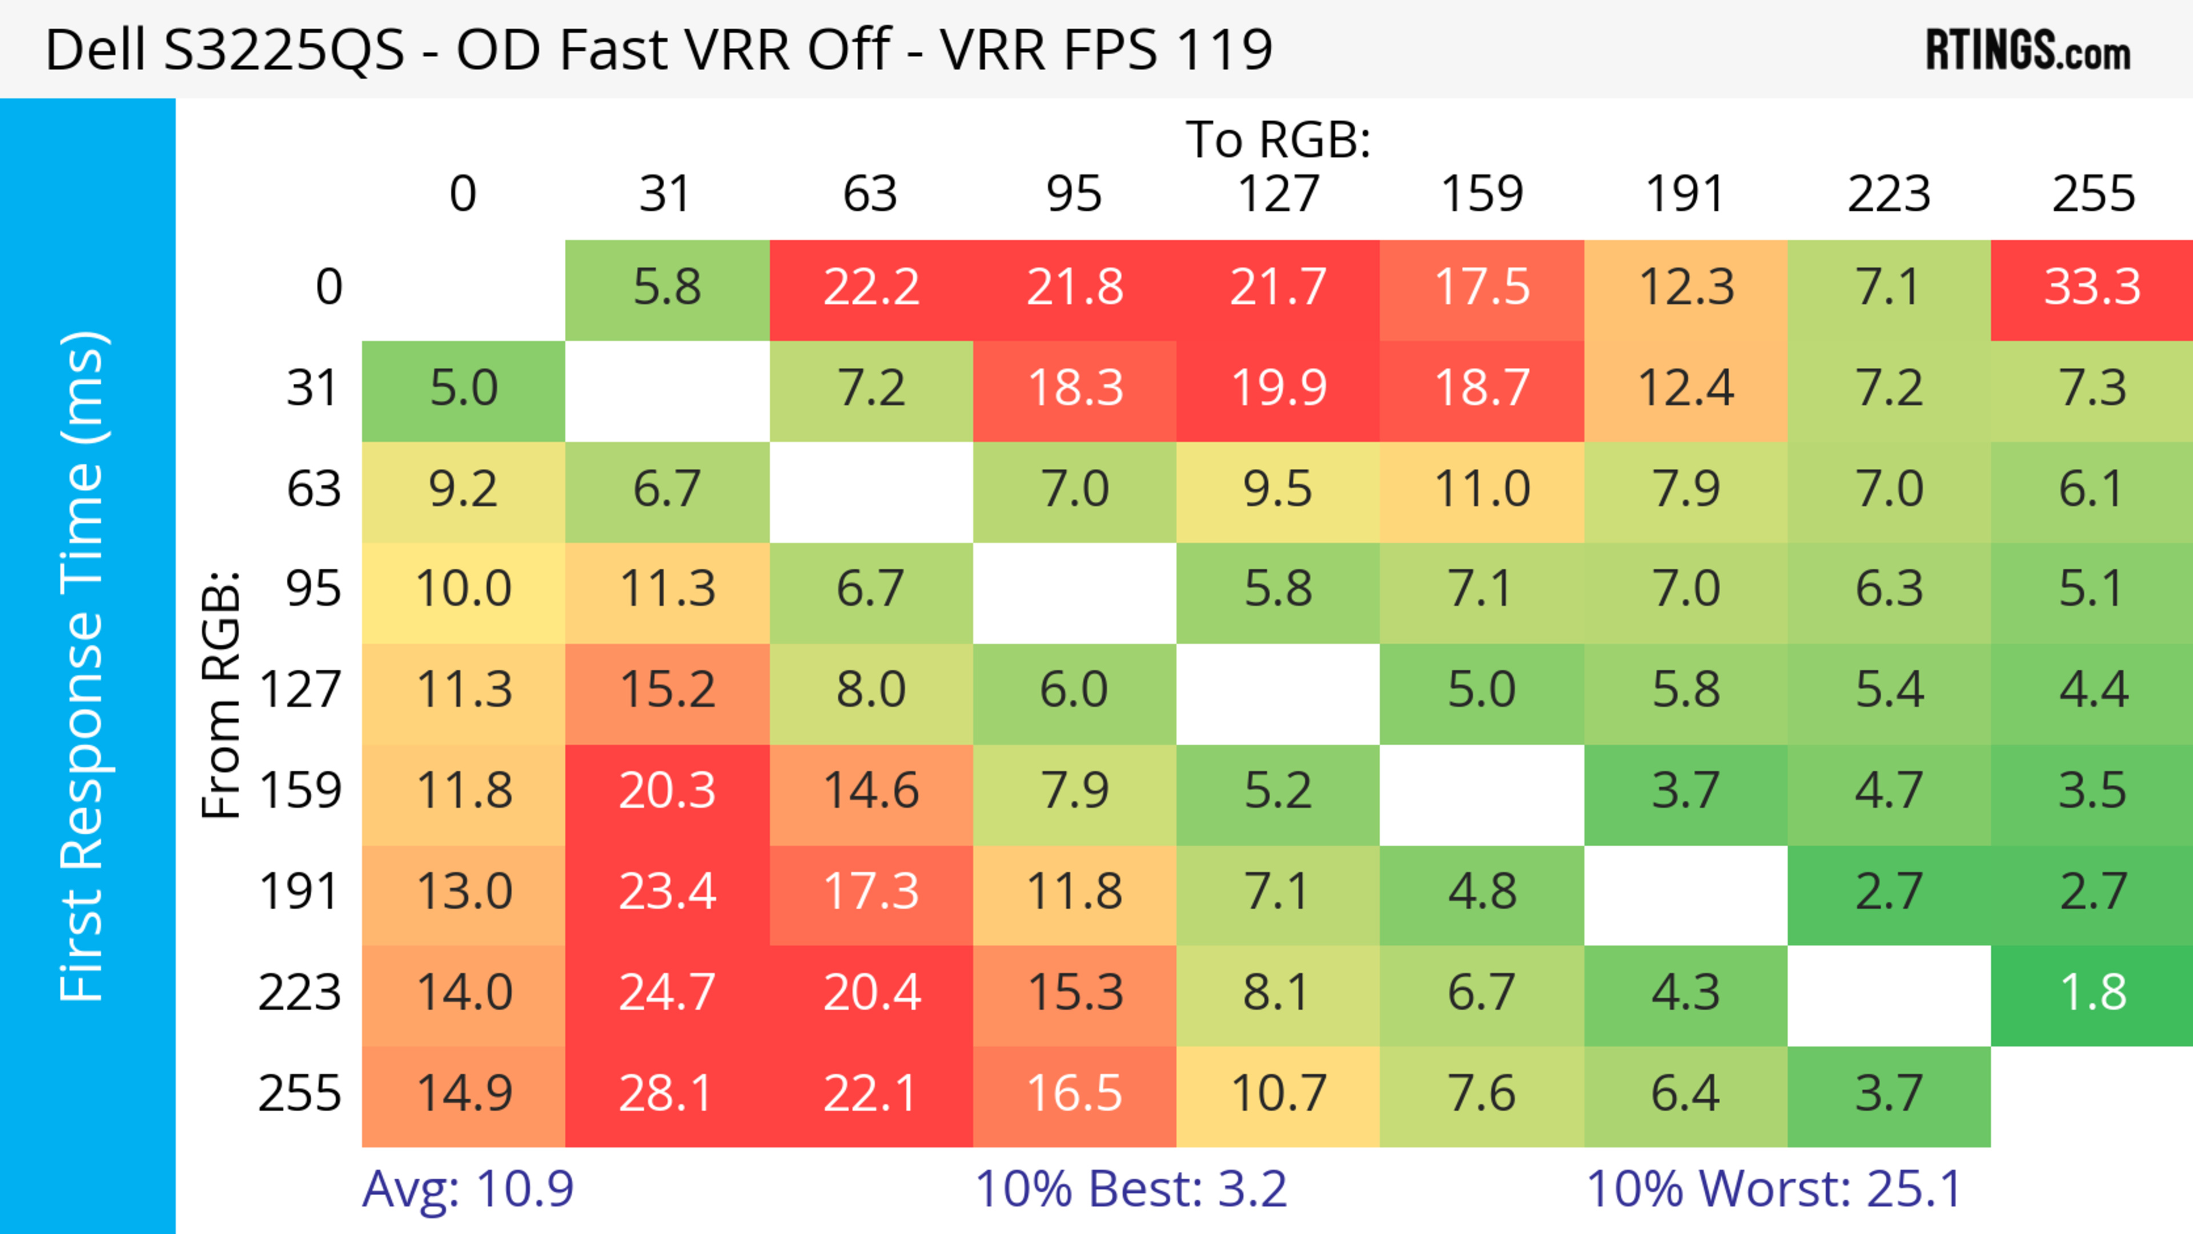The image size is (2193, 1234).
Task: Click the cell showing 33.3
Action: coord(2092,288)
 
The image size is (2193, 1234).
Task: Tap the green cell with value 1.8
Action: coord(2092,993)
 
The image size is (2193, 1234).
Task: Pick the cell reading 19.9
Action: coord(1278,389)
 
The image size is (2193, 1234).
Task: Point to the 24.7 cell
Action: coord(666,993)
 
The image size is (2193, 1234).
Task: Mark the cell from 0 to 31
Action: coord(666,288)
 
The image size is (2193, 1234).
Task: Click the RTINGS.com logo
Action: coord(2028,50)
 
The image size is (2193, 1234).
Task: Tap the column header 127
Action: coord(1278,194)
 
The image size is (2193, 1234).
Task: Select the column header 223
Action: coord(1888,194)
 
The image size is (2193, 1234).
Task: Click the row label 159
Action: coord(300,791)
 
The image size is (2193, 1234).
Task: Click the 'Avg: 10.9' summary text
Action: coord(467,1189)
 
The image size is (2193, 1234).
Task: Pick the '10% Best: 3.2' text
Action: coord(1131,1189)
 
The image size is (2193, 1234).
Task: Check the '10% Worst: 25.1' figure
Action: coord(1774,1189)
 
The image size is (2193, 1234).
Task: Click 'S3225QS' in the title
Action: coord(283,50)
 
